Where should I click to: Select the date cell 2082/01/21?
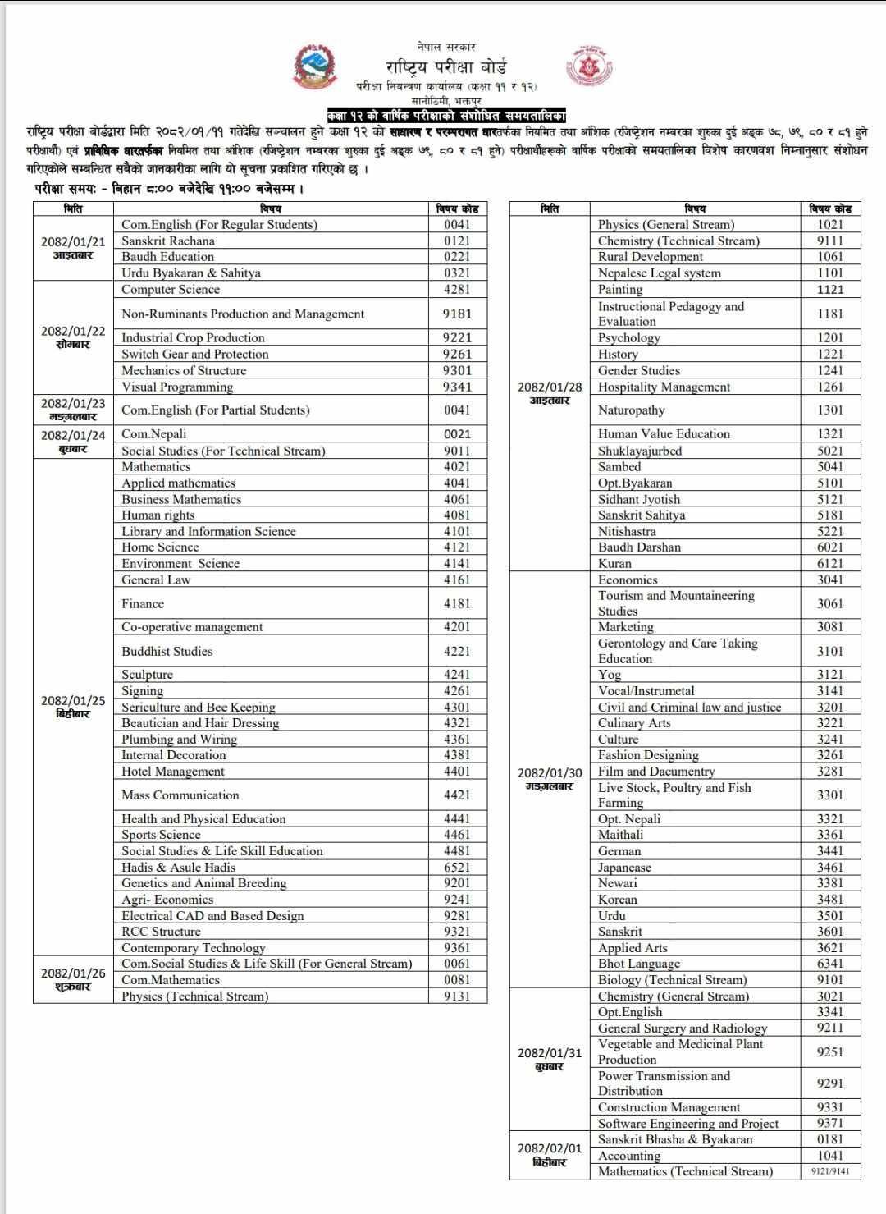click(x=73, y=247)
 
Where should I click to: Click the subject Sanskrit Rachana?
click(x=168, y=241)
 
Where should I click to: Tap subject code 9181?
click(x=457, y=314)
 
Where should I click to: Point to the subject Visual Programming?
click(x=177, y=387)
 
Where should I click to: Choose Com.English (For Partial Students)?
click(x=216, y=410)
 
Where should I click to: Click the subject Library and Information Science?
click(x=208, y=531)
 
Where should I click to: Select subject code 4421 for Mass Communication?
click(x=457, y=795)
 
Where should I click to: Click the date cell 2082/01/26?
click(x=73, y=979)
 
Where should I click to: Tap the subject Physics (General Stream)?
click(x=666, y=224)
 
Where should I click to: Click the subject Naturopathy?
click(x=632, y=410)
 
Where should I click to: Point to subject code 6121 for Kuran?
click(x=830, y=563)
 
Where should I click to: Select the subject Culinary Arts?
click(x=634, y=722)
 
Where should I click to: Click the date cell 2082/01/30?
click(x=550, y=779)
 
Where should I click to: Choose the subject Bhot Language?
click(x=639, y=964)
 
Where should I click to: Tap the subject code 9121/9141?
click(x=830, y=1171)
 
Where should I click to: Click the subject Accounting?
click(x=629, y=1156)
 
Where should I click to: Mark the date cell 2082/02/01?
click(x=550, y=1155)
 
